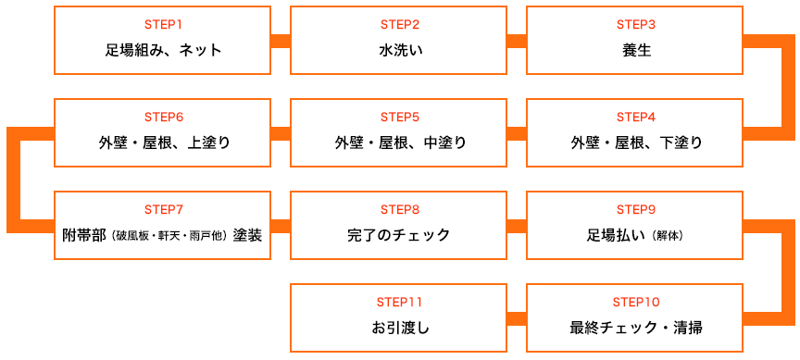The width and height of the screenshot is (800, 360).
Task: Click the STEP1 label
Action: click(163, 24)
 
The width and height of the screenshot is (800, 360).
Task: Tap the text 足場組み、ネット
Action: click(163, 50)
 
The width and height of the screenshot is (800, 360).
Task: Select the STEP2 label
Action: click(399, 24)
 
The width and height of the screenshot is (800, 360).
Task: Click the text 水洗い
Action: click(399, 50)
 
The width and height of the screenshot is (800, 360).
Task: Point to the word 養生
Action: click(635, 50)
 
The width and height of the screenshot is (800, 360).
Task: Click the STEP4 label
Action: click(635, 117)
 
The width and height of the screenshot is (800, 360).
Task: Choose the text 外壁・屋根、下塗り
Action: click(635, 143)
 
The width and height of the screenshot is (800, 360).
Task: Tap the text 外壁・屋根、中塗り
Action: click(399, 143)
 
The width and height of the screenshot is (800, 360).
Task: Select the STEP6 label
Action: click(163, 117)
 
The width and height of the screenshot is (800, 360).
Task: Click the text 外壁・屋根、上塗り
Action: click(163, 143)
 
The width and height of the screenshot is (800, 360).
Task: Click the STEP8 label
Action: click(399, 209)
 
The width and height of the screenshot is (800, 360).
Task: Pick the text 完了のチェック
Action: click(399, 235)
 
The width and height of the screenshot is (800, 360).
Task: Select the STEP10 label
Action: click(635, 302)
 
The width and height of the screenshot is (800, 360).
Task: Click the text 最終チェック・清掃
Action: click(635, 328)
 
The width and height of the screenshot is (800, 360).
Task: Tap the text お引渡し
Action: click(399, 328)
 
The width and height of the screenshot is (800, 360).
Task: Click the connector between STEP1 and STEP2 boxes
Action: click(281, 41)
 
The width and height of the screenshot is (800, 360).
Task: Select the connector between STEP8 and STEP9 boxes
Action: click(517, 226)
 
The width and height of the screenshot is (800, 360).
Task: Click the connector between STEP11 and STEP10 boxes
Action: click(517, 318)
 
